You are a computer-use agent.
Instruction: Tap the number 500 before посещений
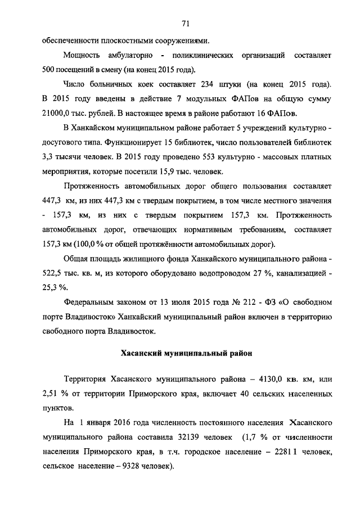tap(49, 70)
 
